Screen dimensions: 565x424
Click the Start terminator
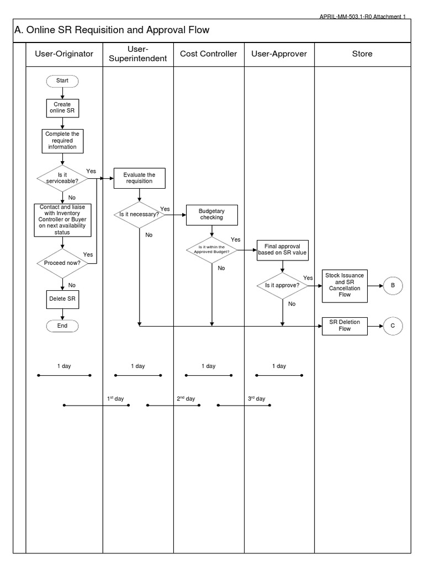click(x=62, y=81)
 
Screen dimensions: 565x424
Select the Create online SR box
click(x=62, y=107)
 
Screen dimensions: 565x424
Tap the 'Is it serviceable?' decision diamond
click(x=62, y=178)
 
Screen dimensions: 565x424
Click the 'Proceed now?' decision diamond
click(x=62, y=263)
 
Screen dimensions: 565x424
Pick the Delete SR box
click(x=62, y=299)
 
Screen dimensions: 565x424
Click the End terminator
click(x=62, y=326)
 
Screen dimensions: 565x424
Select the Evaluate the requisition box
click(x=139, y=178)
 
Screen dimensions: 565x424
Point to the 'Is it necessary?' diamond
click(x=139, y=214)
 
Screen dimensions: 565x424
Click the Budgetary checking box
click(x=211, y=214)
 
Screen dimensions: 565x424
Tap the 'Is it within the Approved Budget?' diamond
click(x=211, y=249)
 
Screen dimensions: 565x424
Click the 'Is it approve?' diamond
click(x=283, y=285)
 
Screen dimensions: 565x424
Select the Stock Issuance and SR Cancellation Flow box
click(x=344, y=285)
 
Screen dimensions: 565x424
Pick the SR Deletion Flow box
click(x=344, y=326)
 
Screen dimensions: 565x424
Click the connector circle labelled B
click(x=393, y=285)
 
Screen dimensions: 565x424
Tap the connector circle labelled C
click(x=393, y=326)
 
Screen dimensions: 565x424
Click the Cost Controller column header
click(x=209, y=54)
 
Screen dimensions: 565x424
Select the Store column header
click(x=362, y=54)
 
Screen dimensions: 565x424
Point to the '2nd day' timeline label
click(x=186, y=398)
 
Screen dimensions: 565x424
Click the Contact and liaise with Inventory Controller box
click(x=62, y=220)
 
